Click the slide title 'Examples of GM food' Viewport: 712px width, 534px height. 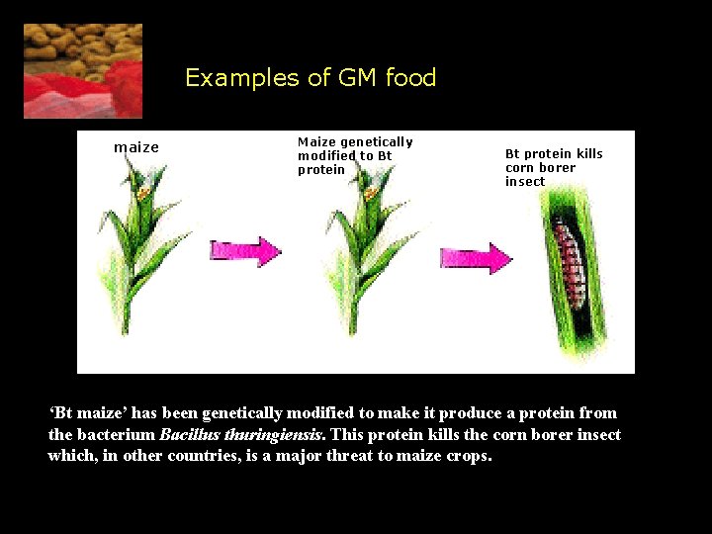pos(311,78)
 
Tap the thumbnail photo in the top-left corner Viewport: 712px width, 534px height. pos(83,71)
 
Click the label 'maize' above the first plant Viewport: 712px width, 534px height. pos(136,147)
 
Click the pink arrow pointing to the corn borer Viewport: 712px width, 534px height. pos(476,259)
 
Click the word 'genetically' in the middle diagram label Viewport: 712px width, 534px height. pos(377,142)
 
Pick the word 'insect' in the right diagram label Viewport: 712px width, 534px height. pos(525,182)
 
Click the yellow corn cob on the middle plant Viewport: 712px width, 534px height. pos(371,188)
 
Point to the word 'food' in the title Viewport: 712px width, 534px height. pos(410,78)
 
